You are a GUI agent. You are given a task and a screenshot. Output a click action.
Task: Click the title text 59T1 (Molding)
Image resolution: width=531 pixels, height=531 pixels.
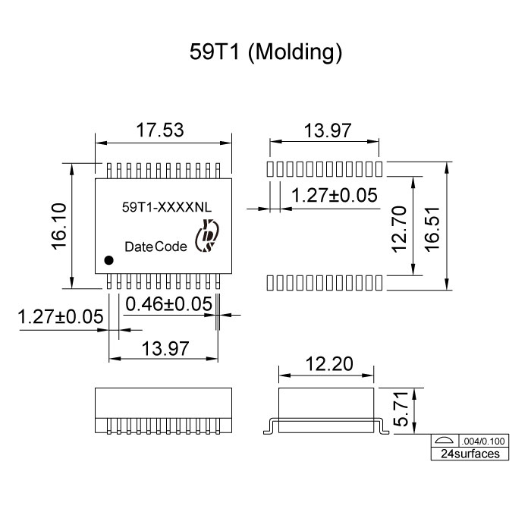pos(265,52)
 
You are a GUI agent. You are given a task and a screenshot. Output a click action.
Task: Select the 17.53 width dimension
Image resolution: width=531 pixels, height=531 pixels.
pos(160,130)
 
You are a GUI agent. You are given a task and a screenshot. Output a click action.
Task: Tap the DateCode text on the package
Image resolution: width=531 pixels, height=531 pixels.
pos(155,247)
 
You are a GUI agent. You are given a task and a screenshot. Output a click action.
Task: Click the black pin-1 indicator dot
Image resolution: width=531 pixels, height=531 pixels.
pos(108,260)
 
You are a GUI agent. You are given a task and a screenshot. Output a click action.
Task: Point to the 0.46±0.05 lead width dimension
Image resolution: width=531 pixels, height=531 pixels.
pos(168,304)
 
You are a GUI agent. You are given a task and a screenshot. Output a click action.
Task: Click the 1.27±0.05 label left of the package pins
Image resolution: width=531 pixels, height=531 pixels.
pos(60,316)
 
